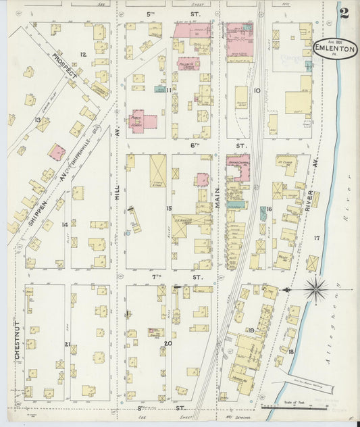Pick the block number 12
pyautogui.click(x=83, y=54)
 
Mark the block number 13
pyautogui.click(x=38, y=120)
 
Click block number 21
pyautogui.click(x=67, y=344)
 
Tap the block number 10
pyautogui.click(x=256, y=90)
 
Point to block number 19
pyautogui.click(x=250, y=330)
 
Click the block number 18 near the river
pyautogui.click(x=291, y=352)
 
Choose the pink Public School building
pyautogui.click(x=143, y=120)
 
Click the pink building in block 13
pyautogui.click(x=56, y=152)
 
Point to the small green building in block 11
pyautogui.click(x=160, y=89)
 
